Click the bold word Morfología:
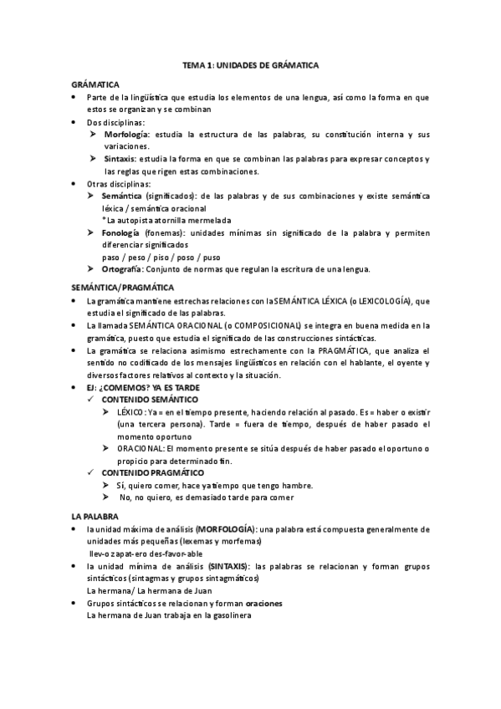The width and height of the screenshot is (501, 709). [128, 135]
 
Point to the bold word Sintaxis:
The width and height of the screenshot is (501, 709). [122, 159]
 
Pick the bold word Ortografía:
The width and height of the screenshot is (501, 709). [124, 269]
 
